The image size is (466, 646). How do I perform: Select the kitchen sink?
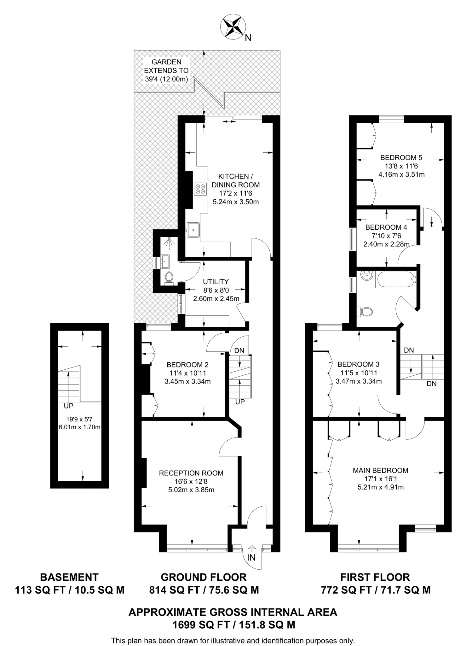pyautogui.click(x=193, y=229)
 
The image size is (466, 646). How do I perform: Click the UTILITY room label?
pyautogui.click(x=216, y=282)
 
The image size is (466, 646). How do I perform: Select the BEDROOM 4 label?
pyautogui.click(x=386, y=227)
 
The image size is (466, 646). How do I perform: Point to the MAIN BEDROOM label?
pyautogui.click(x=380, y=470)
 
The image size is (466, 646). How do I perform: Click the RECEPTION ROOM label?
pyautogui.click(x=191, y=473)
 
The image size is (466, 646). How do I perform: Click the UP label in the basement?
pyautogui.click(x=68, y=406)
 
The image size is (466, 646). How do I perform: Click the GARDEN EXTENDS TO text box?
pyautogui.click(x=166, y=71)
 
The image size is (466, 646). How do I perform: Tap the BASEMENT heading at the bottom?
pyautogui.click(x=69, y=577)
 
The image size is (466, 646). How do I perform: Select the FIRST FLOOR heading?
pyautogui.click(x=375, y=577)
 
